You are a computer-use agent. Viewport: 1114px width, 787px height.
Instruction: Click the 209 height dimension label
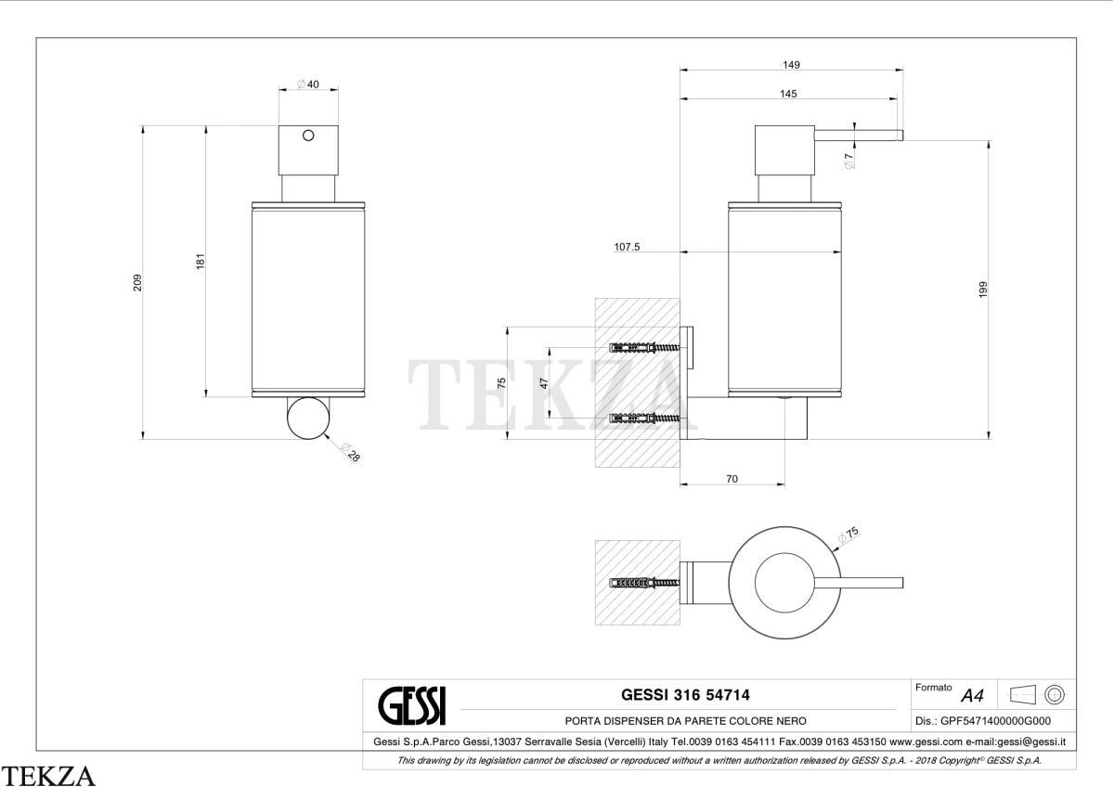tap(137, 283)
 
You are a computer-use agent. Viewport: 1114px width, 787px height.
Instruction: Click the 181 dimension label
tap(200, 262)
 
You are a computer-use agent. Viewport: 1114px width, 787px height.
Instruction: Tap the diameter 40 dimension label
tap(308, 84)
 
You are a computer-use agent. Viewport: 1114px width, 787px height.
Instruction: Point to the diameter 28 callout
tap(351, 452)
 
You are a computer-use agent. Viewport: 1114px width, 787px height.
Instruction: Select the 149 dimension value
tap(791, 65)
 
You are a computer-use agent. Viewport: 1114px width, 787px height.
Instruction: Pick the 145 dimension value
tap(788, 94)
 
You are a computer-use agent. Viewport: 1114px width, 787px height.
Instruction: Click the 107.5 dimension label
tap(627, 247)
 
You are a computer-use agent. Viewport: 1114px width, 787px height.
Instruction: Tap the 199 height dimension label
tap(983, 290)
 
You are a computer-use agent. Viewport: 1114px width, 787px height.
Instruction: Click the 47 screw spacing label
tap(544, 383)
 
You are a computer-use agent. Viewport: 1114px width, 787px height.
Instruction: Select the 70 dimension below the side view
tap(732, 479)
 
